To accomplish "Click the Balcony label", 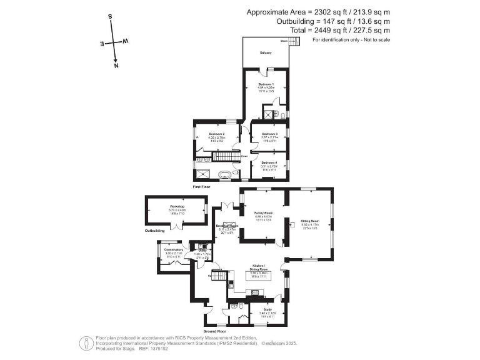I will [266, 52].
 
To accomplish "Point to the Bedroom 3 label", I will [269, 134].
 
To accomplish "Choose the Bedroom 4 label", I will [269, 163].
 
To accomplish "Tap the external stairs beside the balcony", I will [295, 41].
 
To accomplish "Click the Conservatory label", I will [173, 250].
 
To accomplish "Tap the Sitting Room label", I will [311, 221].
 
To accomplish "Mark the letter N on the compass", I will [116, 64].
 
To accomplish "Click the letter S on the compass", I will [110, 17].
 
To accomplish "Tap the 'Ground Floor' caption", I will [218, 331].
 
